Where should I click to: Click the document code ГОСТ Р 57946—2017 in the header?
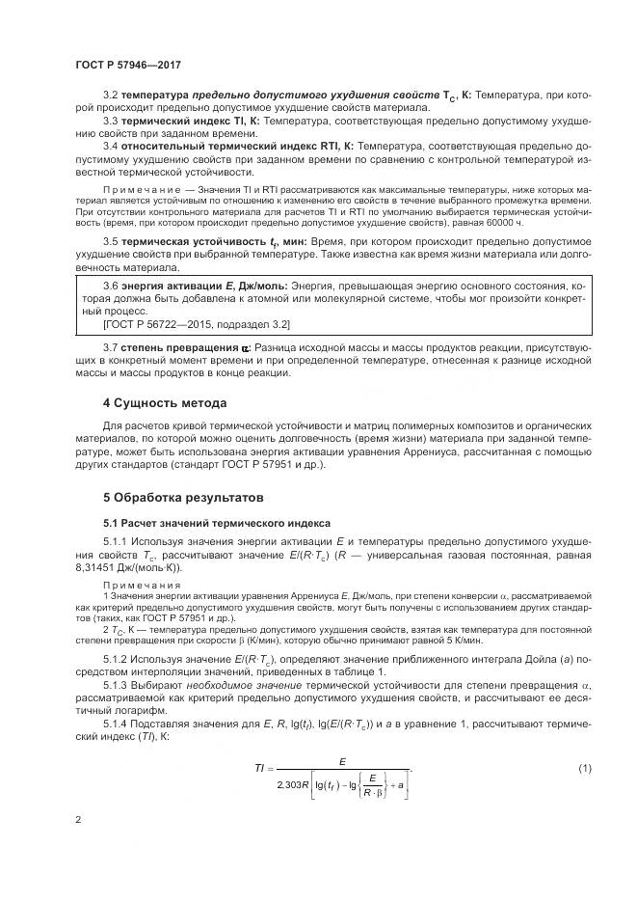(x=129, y=64)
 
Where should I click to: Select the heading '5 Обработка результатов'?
(x=182, y=499)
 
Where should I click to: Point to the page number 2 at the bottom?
(x=77, y=819)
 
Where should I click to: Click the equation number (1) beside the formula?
(x=583, y=767)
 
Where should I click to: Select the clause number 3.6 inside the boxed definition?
(x=111, y=287)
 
